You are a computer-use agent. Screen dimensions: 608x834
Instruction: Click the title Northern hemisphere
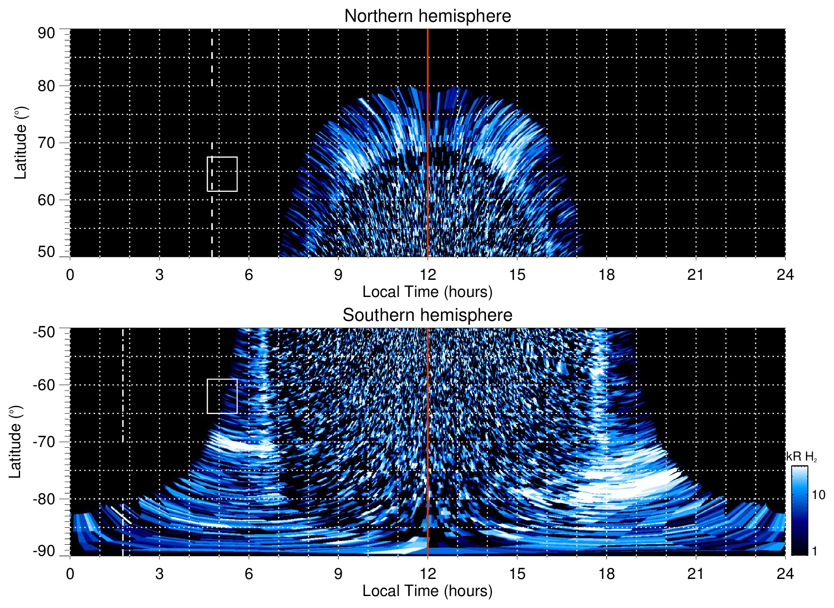[x=427, y=16]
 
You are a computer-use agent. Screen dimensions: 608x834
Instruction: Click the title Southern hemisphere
[x=427, y=315]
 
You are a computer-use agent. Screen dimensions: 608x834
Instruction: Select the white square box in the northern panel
[x=222, y=174]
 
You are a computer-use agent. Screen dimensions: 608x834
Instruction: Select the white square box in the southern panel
[x=222, y=396]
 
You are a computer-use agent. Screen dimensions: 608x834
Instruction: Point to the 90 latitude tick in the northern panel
[x=46, y=33]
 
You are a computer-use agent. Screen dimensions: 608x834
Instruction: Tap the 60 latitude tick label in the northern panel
[x=46, y=200]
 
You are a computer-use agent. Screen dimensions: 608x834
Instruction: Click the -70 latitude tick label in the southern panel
[x=44, y=442]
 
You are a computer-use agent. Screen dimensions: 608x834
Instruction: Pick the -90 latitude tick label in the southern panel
[x=44, y=551]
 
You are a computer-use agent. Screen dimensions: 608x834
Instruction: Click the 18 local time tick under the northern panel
[x=606, y=275]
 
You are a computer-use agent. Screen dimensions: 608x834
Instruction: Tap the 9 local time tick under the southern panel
[x=338, y=574]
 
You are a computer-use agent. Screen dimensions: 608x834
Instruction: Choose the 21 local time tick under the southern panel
[x=695, y=574]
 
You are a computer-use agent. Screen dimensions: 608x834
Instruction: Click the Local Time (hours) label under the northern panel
[x=427, y=292]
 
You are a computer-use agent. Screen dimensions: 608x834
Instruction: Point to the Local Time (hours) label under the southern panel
[x=427, y=591]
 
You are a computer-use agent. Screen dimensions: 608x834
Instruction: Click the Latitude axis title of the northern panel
[x=21, y=143]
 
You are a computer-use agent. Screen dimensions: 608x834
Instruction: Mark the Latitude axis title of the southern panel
[x=15, y=442]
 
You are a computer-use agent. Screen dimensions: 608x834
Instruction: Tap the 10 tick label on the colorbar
[x=818, y=495]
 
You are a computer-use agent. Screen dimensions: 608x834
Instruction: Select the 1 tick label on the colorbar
[x=814, y=551]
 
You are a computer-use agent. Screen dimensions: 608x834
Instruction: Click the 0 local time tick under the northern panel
[x=70, y=275]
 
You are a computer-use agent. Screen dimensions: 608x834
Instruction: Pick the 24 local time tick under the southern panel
[x=785, y=574]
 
